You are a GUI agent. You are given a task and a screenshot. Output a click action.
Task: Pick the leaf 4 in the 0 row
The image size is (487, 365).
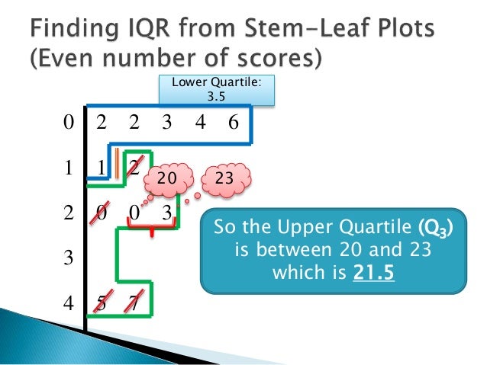199,123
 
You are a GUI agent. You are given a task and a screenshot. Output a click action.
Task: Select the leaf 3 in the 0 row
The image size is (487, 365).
166,123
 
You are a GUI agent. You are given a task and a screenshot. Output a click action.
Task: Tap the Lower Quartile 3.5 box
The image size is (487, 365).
217,91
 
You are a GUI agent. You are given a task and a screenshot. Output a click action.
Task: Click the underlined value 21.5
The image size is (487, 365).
374,270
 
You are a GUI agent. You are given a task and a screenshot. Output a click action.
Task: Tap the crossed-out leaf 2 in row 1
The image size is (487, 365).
134,168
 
